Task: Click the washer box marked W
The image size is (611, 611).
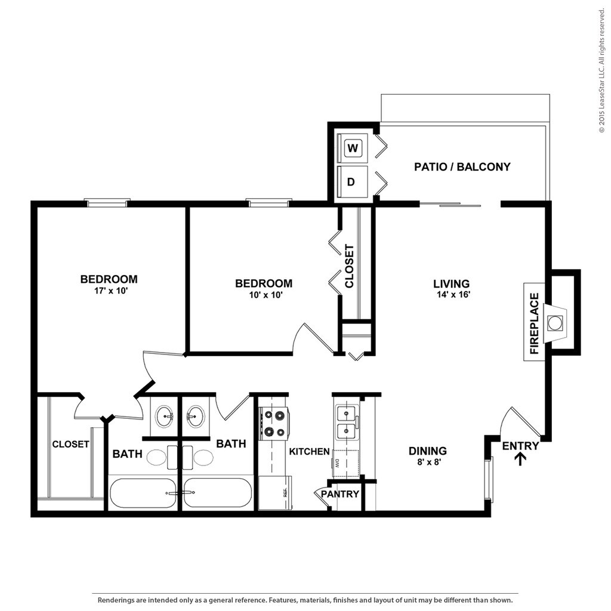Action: (x=353, y=148)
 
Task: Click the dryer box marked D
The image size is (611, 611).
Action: (x=352, y=182)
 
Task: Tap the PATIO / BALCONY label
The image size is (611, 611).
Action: (x=462, y=167)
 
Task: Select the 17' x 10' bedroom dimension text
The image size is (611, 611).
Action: (x=109, y=291)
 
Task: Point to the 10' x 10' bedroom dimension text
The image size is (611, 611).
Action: (x=263, y=295)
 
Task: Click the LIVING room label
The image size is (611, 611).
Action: (x=451, y=284)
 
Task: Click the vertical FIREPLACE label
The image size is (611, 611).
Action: (x=534, y=323)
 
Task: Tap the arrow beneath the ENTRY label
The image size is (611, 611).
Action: (x=520, y=459)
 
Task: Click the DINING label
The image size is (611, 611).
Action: (x=427, y=451)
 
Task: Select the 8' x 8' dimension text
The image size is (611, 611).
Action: (x=427, y=462)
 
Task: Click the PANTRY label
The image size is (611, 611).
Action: (x=340, y=494)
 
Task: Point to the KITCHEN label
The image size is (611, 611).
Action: (x=309, y=452)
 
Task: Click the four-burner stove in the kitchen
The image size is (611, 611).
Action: (x=274, y=424)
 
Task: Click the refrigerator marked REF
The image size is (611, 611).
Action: (x=274, y=492)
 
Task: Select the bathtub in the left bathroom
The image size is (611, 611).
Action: (x=143, y=492)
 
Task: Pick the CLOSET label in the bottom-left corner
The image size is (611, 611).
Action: (x=70, y=445)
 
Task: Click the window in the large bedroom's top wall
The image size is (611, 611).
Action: (x=108, y=203)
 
